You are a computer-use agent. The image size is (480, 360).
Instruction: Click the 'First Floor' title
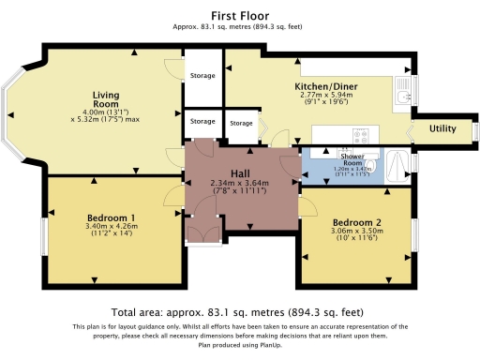(x=241, y=15)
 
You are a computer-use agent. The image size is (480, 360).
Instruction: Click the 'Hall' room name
(x=240, y=172)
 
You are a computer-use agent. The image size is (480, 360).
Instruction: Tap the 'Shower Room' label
(x=354, y=160)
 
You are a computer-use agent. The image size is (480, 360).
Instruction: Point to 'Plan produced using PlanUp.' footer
(x=240, y=343)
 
